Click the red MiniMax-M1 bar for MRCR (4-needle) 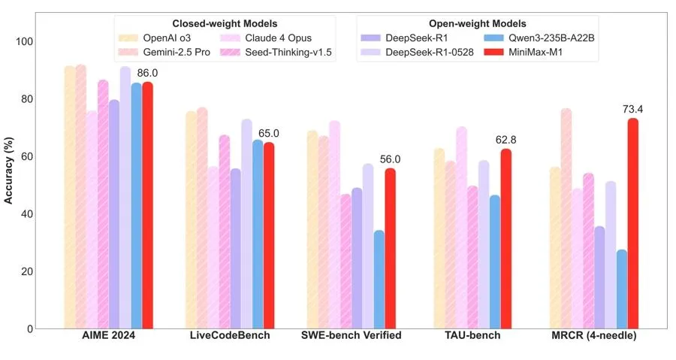tap(633, 223)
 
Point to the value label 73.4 tap(632, 109)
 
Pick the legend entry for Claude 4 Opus tap(266, 38)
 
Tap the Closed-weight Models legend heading tap(225, 24)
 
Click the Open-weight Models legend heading tap(476, 24)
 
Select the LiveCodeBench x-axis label tap(229, 336)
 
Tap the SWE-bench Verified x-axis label tap(351, 336)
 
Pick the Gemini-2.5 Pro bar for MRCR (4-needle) tap(566, 218)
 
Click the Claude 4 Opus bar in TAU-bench tap(461, 228)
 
